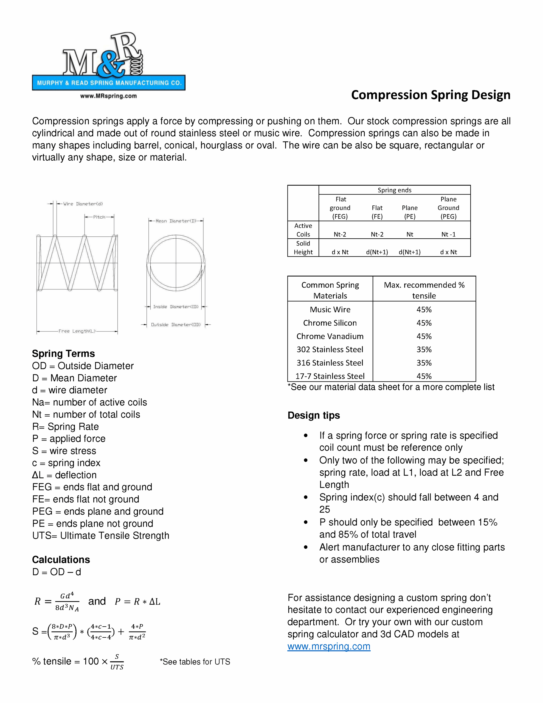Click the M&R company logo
pos(108,64)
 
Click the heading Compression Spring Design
pos(431,95)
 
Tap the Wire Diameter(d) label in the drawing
pos(83,204)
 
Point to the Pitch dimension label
pos(99,217)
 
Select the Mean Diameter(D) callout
pos(176,221)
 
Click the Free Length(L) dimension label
pos(77,331)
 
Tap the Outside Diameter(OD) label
pos(176,325)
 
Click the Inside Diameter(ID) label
pos(176,307)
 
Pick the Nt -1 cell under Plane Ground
pos(448,234)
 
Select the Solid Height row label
pos(303,247)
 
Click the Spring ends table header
pos(394,190)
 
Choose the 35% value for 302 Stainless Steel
pos(424,349)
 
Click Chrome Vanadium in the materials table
pos(330,336)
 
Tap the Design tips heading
pos(314,415)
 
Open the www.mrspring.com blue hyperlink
pos(329,646)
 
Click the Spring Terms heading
pos(63,353)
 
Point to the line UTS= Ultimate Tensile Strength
pos(100,535)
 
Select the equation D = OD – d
pos(57,572)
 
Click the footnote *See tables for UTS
pos(195,662)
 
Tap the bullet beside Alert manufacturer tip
pos(306,547)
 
